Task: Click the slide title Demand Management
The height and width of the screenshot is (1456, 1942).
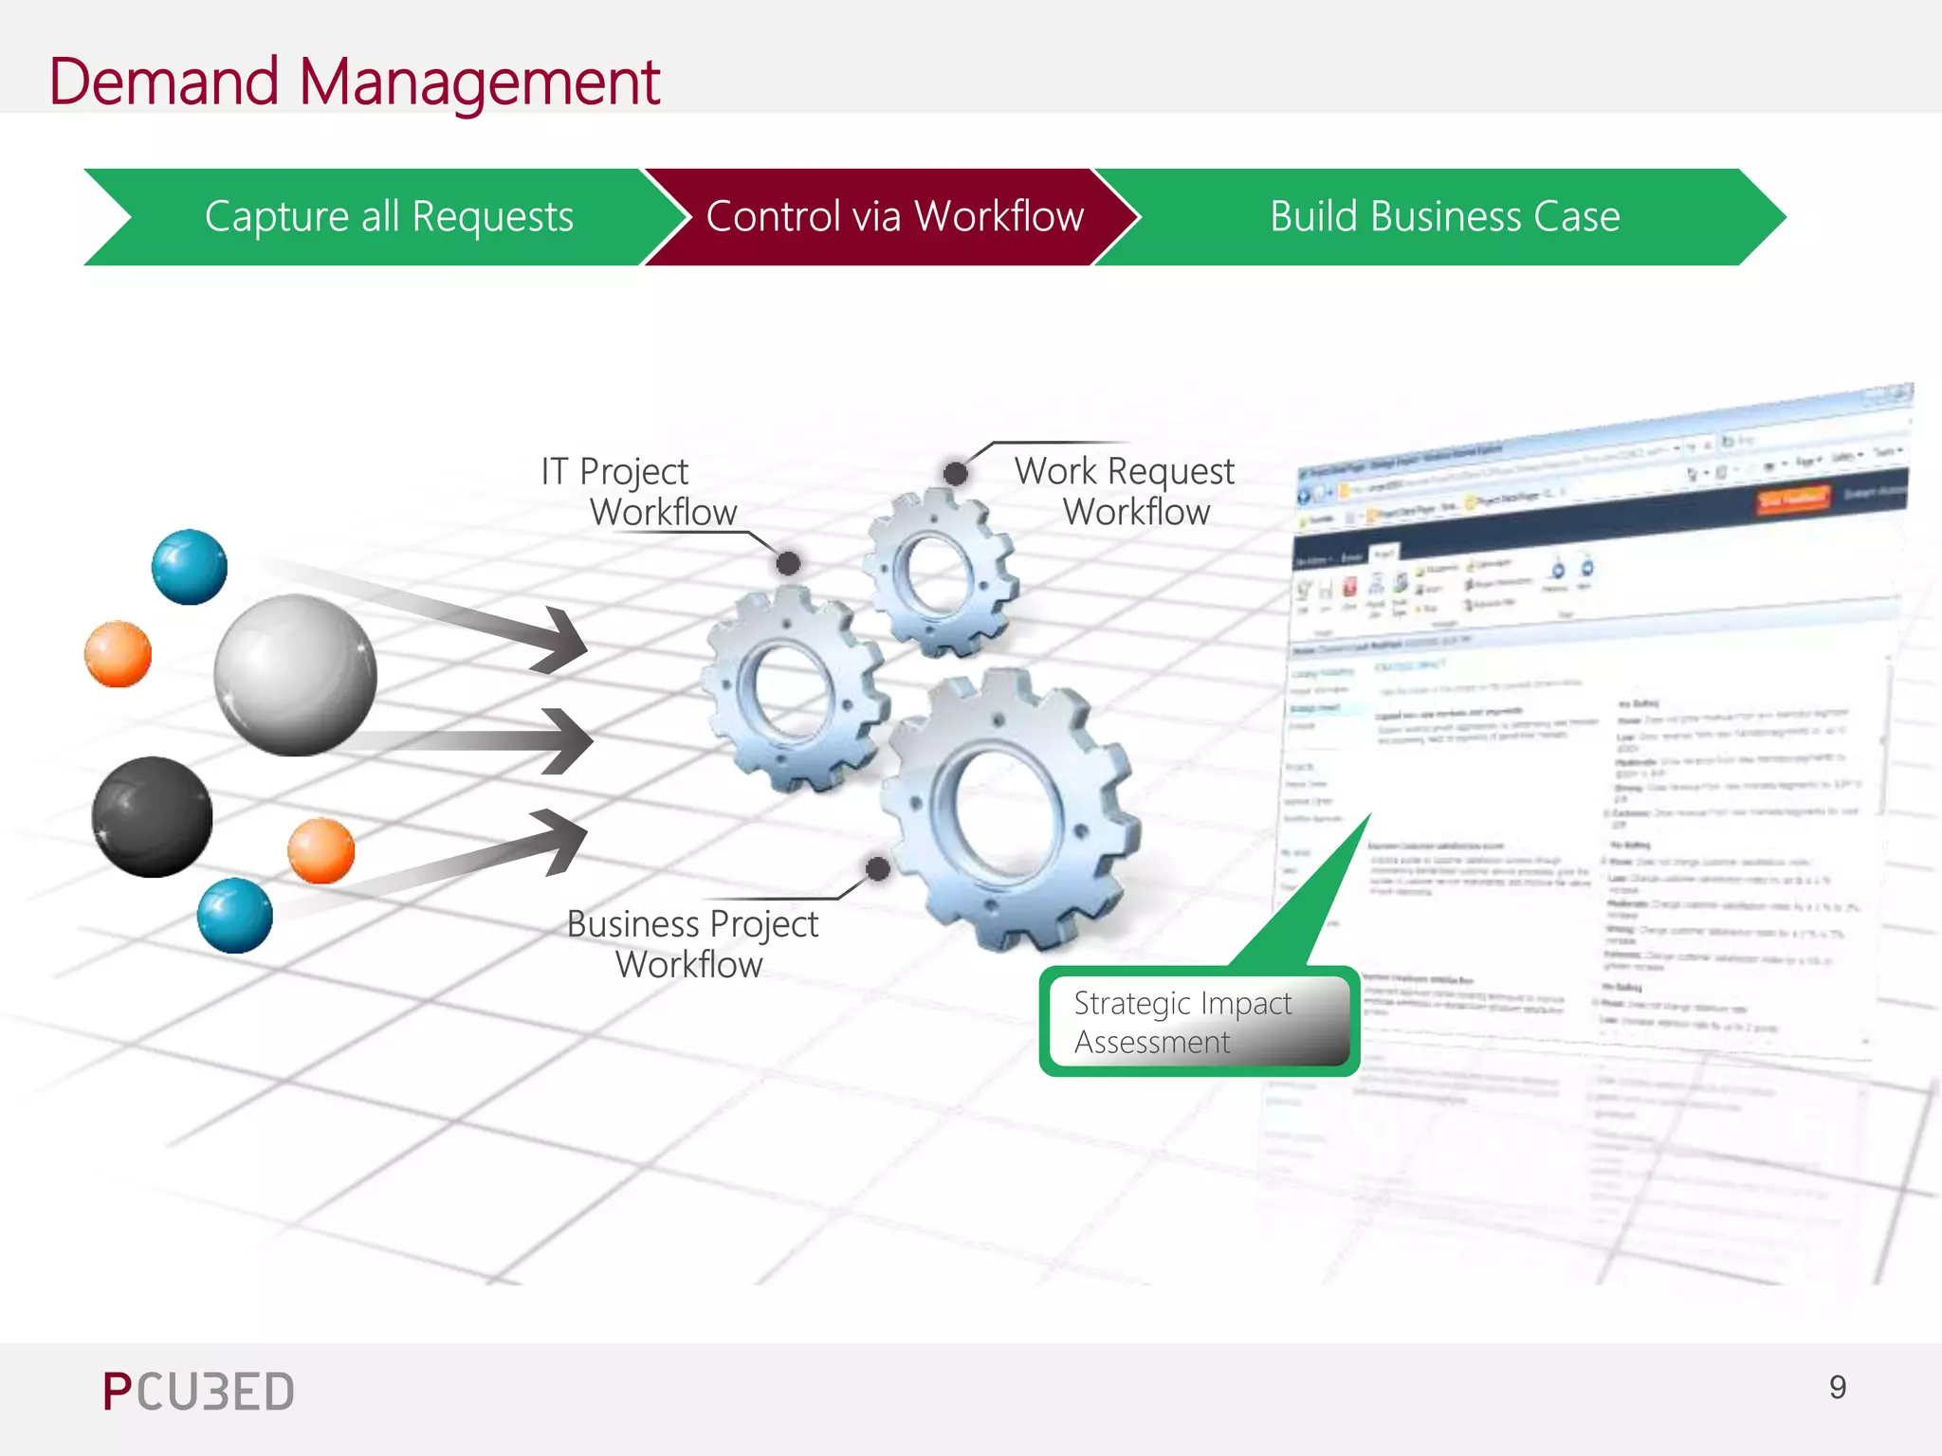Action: pos(354,82)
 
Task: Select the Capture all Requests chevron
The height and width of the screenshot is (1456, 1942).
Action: pos(389,217)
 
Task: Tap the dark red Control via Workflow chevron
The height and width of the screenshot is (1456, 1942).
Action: pos(893,217)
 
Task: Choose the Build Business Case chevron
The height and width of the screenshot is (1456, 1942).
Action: pos(1443,217)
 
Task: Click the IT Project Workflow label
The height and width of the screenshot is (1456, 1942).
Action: pos(637,491)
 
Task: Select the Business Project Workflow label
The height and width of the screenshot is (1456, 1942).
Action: pos(691,943)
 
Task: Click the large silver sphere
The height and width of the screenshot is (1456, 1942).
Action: pos(295,675)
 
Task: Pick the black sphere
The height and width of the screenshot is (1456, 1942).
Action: pos(152,816)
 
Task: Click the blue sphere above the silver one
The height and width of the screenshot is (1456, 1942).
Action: pos(190,567)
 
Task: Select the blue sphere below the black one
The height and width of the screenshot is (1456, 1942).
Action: pos(234,916)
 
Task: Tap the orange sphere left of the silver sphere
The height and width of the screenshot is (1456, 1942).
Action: pos(119,654)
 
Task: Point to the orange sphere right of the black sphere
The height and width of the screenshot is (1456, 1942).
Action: pos(321,850)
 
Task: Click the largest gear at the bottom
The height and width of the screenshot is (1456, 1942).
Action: pos(1008,810)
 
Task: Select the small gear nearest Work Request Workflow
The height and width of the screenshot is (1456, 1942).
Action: pos(939,573)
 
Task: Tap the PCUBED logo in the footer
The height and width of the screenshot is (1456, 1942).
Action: pos(199,1392)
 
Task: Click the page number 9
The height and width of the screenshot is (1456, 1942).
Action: pos(1837,1388)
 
